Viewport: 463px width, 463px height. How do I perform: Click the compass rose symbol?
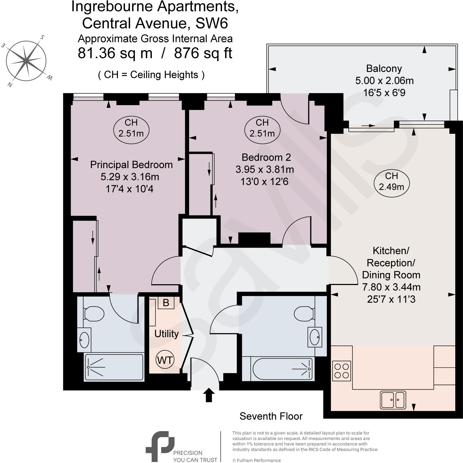[x=26, y=60]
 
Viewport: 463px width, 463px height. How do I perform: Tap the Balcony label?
[x=384, y=69]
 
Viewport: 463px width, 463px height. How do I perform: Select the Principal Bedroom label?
[x=131, y=165]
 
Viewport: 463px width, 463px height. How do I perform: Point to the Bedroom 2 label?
[x=266, y=157]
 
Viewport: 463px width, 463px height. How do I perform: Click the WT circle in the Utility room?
[x=165, y=360]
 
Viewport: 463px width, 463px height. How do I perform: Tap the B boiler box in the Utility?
[x=166, y=303]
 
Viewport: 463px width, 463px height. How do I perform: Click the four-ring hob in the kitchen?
[x=342, y=371]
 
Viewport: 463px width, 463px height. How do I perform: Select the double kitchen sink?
[x=393, y=400]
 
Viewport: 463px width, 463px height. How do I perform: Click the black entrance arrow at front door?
[x=209, y=395]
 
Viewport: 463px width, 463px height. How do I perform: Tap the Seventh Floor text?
[x=271, y=416]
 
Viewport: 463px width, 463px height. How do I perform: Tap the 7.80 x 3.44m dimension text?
[x=391, y=287]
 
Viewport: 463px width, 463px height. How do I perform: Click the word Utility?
[x=166, y=334]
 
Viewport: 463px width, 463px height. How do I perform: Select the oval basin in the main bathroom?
[x=315, y=337]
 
